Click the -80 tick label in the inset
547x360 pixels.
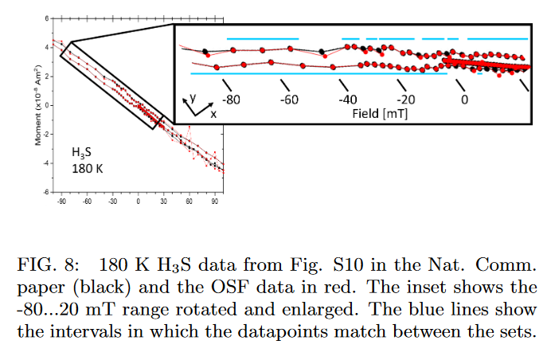(x=232, y=100)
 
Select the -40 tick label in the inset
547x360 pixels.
(x=347, y=100)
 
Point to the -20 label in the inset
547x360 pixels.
(x=406, y=100)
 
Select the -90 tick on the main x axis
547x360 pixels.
(x=62, y=202)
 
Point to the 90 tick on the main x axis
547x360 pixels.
(x=214, y=202)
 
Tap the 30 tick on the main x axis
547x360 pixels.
(x=163, y=202)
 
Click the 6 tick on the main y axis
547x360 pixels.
(x=46, y=18)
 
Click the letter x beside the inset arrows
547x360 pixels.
(x=213, y=114)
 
